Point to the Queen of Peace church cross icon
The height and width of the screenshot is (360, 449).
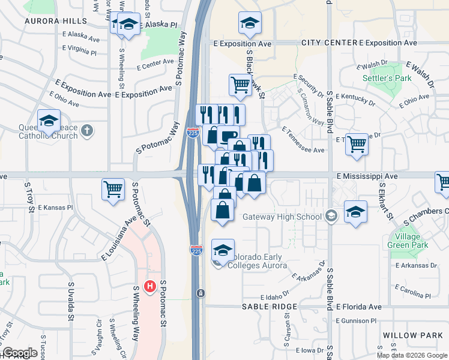88,130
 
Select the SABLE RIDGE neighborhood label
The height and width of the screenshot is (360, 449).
270,307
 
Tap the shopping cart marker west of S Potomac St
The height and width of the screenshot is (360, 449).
113,189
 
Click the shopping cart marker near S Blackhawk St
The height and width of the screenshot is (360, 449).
241,85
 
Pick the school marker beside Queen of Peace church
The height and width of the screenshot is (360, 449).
49,121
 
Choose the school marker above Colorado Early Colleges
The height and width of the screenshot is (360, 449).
223,250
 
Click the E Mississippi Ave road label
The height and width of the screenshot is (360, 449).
367,176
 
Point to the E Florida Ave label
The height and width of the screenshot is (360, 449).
359,307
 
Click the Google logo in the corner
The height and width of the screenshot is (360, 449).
20,353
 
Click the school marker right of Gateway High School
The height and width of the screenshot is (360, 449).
355,211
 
